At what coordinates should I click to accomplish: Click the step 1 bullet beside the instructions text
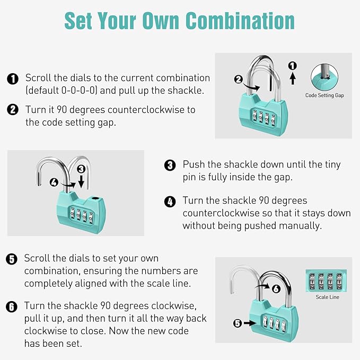(x=12, y=79)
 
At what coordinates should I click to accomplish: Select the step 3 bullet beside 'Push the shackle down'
(x=170, y=165)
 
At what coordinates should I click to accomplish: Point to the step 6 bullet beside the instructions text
(x=12, y=307)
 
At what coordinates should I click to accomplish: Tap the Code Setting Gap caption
(x=325, y=96)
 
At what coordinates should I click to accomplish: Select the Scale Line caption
(x=327, y=297)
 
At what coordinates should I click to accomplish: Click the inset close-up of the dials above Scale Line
(x=327, y=280)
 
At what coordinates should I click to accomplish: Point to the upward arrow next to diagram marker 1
(x=292, y=78)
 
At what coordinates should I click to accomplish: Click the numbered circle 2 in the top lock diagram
(x=239, y=80)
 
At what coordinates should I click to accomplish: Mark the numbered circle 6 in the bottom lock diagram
(x=275, y=289)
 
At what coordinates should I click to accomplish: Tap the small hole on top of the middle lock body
(x=95, y=198)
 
